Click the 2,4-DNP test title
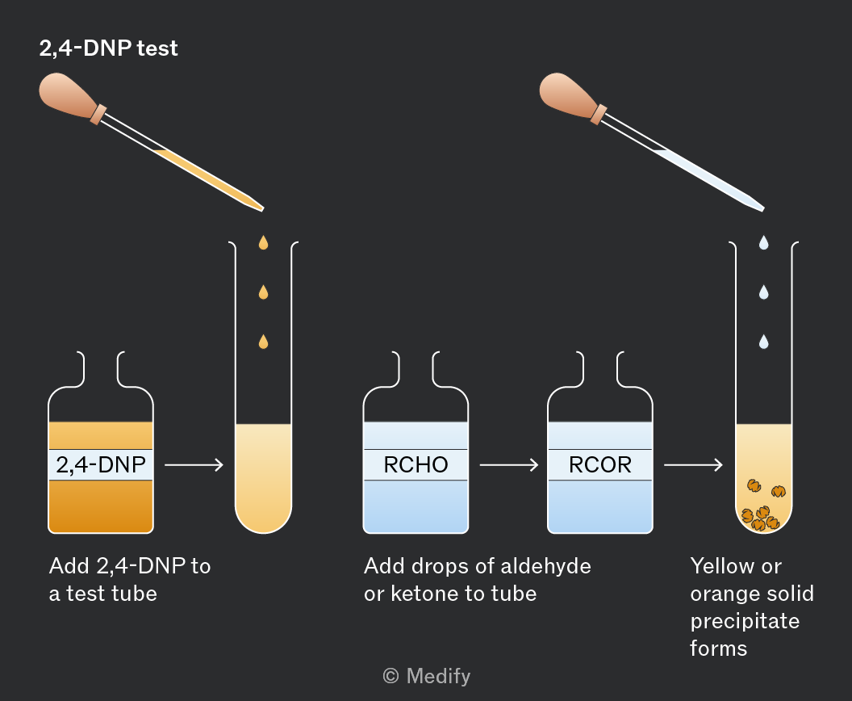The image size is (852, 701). point(108,48)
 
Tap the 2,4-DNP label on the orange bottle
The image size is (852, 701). point(101,465)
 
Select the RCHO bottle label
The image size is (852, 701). point(416,465)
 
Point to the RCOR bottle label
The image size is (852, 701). point(600,465)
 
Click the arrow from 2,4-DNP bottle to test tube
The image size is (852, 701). point(194,465)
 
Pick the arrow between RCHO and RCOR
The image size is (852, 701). point(508,465)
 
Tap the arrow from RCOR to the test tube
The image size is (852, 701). point(693,465)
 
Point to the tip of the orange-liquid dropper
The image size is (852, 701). point(263,209)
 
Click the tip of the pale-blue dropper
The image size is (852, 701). point(763,209)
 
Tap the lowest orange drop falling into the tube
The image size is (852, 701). point(264,342)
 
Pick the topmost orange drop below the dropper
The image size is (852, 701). point(264,242)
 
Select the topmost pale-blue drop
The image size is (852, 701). point(764,242)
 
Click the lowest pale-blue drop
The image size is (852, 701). point(764,342)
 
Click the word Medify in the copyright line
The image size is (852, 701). point(438,677)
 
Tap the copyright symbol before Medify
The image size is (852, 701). point(390,676)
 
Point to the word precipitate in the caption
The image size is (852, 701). point(745,622)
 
